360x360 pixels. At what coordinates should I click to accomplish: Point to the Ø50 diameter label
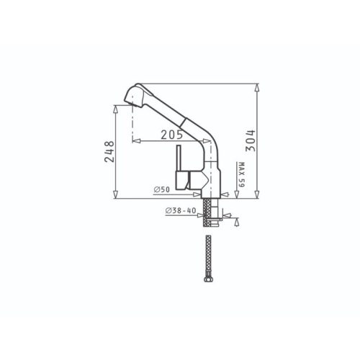(x=161, y=189)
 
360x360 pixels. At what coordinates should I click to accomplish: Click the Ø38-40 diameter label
(x=179, y=210)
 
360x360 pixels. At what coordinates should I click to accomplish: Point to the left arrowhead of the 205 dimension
(x=136, y=141)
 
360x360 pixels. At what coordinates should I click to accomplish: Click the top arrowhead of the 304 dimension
(x=257, y=87)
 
